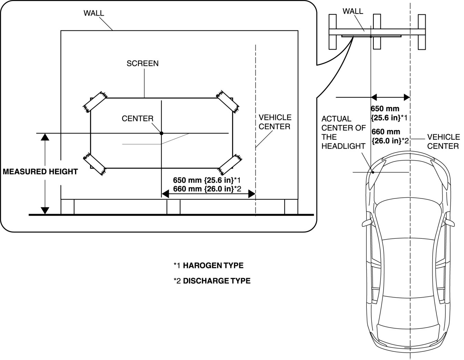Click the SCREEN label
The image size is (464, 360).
(142, 63)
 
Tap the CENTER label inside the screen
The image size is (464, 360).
(138, 119)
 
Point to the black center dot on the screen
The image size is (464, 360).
(161, 133)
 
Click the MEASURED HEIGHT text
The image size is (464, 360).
(40, 172)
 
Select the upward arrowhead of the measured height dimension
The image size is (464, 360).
(45, 137)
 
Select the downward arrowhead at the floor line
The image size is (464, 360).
(45, 210)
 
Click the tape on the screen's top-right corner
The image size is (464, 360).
(228, 101)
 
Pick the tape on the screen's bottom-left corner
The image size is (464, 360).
(94, 164)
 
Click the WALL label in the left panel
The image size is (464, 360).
(94, 13)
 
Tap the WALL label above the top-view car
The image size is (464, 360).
(353, 11)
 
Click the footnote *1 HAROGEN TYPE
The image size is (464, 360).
(209, 266)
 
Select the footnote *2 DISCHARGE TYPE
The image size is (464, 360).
(212, 281)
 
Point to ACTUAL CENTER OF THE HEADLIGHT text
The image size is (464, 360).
(343, 132)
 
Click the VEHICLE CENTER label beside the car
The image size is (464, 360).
(443, 142)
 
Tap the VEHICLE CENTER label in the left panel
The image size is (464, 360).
(274, 122)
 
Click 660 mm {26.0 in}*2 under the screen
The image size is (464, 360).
(207, 189)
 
